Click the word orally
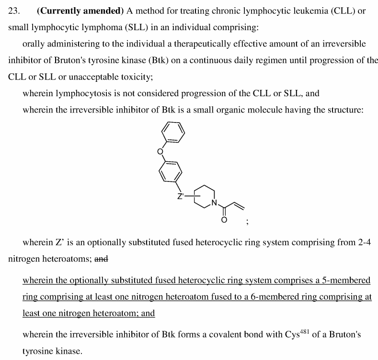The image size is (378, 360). [34, 44]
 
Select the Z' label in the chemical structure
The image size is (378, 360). [181, 195]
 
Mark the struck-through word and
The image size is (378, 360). [102, 259]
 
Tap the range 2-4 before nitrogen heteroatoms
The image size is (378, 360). [362, 243]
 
